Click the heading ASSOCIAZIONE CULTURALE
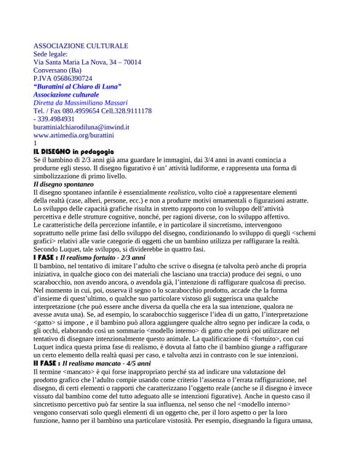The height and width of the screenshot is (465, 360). (81, 46)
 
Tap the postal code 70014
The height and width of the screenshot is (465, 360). (131, 62)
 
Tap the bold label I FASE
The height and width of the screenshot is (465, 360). (44, 258)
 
